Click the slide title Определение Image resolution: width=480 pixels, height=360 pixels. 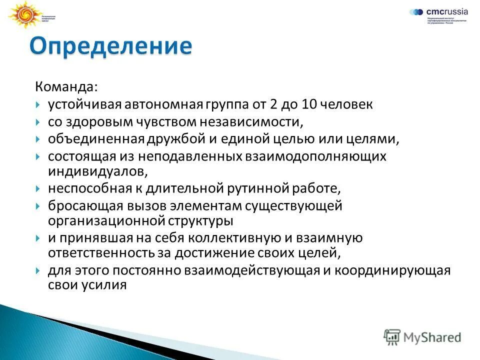[x=110, y=46]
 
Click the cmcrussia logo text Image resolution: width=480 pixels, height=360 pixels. [x=446, y=11]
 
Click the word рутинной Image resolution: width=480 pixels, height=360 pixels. [x=259, y=188]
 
